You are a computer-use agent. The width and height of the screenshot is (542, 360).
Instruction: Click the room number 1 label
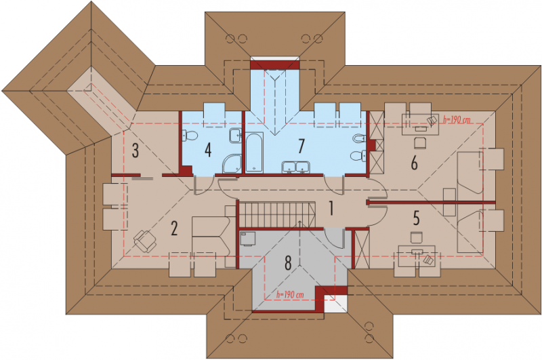point(331,209)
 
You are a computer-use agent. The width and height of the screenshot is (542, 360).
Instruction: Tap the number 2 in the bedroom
point(174,228)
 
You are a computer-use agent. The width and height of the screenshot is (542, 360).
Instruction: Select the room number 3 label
point(135,151)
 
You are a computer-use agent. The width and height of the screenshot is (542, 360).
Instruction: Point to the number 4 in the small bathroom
point(208,151)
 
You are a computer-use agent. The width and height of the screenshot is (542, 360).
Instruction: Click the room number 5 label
point(417,218)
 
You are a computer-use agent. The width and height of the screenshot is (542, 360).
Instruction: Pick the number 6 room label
point(414,163)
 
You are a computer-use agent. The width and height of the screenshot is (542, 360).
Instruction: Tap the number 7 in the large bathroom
point(301,146)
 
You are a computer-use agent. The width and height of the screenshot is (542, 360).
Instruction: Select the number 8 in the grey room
point(288,263)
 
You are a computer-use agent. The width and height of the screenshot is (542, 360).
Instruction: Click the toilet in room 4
point(190,136)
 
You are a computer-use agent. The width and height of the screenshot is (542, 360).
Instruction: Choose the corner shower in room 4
point(232,163)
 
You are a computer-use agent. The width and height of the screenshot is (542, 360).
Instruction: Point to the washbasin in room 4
point(235,136)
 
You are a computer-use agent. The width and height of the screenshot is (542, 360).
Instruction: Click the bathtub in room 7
point(255,153)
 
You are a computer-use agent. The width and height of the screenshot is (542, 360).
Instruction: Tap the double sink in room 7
point(295,167)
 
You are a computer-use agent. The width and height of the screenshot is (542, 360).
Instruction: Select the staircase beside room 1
point(277,215)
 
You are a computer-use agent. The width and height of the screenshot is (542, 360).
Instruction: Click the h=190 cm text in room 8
point(290,295)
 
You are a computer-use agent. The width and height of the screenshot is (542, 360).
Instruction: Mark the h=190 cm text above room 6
point(457,120)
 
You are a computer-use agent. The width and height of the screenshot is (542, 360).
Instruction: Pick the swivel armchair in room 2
point(145,241)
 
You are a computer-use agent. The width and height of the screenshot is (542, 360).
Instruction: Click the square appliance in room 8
point(247,239)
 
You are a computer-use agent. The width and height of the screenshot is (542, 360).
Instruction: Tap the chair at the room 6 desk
point(419,142)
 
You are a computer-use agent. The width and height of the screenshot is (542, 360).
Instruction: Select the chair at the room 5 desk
point(417,238)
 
